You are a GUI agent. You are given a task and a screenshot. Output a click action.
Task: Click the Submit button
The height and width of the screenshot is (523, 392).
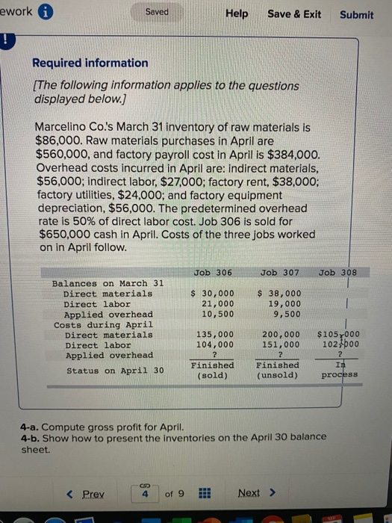pyautogui.click(x=356, y=14)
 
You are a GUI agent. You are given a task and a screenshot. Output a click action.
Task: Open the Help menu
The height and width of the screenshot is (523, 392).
pyautogui.click(x=237, y=14)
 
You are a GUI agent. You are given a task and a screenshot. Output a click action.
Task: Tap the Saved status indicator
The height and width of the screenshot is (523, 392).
pyautogui.click(x=157, y=12)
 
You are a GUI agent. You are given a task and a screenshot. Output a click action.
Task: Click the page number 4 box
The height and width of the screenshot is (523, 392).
pyautogui.click(x=146, y=494)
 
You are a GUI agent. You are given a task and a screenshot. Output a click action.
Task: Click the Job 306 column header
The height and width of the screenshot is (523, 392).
pyautogui.click(x=212, y=273)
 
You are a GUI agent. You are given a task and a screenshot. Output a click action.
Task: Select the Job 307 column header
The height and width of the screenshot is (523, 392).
pyautogui.click(x=280, y=273)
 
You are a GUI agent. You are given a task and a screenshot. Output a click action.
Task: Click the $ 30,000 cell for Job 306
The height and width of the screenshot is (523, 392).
pyautogui.click(x=213, y=294)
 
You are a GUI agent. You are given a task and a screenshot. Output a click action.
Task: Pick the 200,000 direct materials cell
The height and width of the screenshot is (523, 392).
pyautogui.click(x=281, y=335)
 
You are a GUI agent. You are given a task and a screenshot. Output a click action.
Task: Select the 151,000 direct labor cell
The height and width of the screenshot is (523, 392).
pyautogui.click(x=281, y=346)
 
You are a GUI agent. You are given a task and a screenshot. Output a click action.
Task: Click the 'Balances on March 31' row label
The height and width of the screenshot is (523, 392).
pyautogui.click(x=108, y=284)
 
